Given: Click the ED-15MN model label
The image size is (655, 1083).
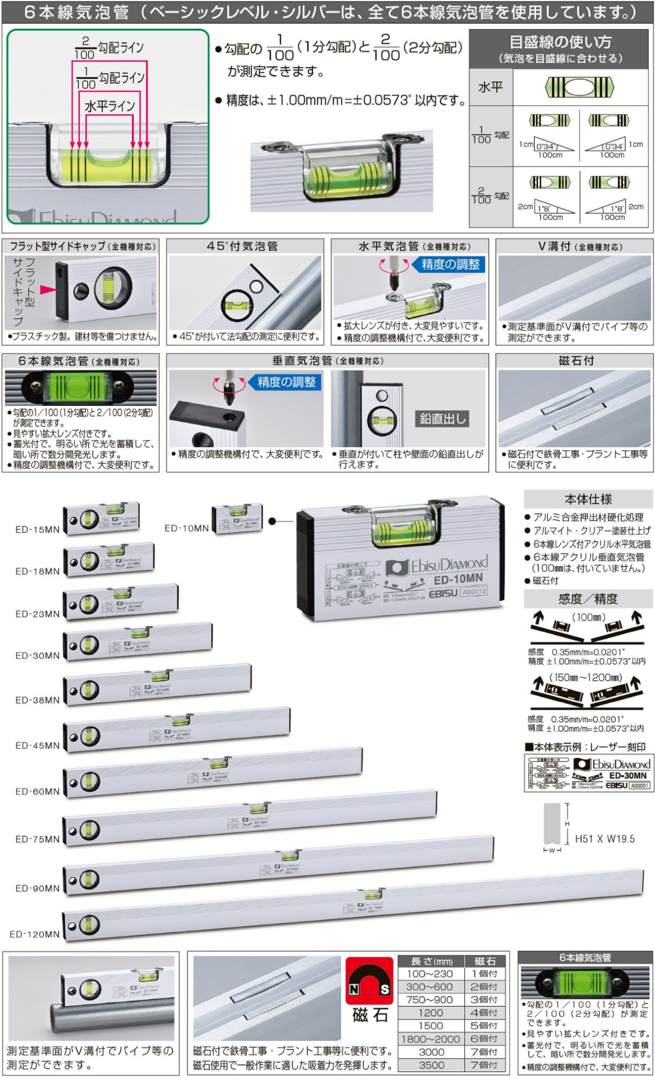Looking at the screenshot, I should pos(37,530).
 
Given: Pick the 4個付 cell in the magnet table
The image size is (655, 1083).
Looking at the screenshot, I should pos(484,1013).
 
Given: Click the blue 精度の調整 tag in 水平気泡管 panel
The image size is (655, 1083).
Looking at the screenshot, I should pos(450,265).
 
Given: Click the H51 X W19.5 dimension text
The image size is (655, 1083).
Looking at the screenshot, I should pos(605,839).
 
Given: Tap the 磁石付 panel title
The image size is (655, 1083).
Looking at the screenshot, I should pos(576,361).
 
